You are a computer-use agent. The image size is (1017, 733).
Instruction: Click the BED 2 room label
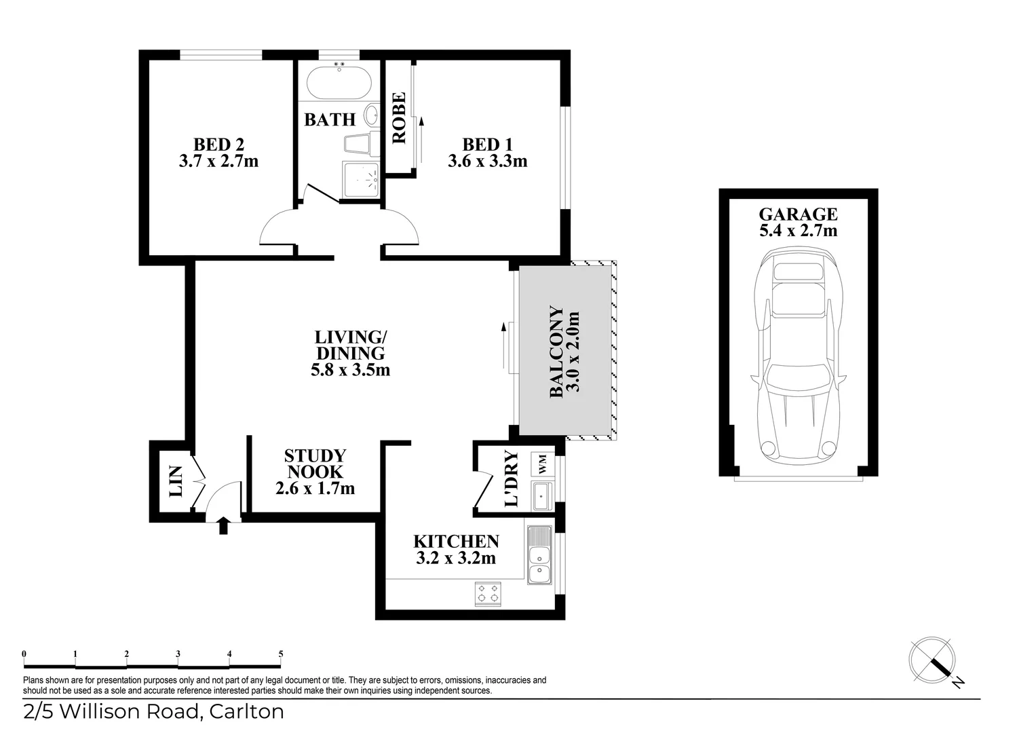(x=218, y=144)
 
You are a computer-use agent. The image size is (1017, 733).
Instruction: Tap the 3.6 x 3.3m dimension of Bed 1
(x=487, y=162)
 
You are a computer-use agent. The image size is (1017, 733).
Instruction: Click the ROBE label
(x=399, y=117)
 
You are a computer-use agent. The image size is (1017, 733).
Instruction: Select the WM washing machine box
(x=543, y=465)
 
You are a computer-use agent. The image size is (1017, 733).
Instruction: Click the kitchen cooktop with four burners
(x=488, y=594)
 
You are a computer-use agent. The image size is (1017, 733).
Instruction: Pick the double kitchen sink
(x=539, y=555)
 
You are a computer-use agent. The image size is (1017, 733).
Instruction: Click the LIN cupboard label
(x=175, y=481)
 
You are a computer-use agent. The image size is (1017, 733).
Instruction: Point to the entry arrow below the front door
(x=223, y=525)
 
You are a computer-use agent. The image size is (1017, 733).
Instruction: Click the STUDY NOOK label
(x=315, y=464)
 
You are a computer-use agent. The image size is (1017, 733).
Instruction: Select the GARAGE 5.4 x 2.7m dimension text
(x=798, y=231)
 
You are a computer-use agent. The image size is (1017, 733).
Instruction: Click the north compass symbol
(x=933, y=659)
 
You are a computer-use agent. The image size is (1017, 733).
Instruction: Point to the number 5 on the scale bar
(x=280, y=654)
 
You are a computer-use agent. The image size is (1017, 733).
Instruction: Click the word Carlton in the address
(x=246, y=712)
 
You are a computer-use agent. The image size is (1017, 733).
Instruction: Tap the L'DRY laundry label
(x=512, y=479)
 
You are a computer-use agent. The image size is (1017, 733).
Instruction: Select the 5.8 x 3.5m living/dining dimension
(x=350, y=371)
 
